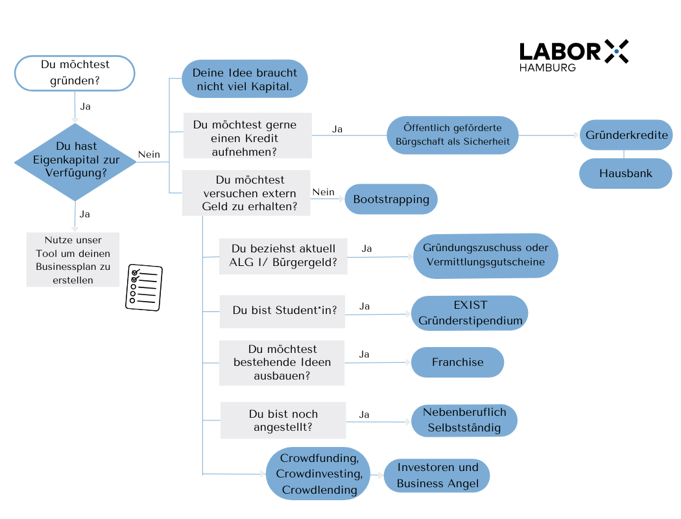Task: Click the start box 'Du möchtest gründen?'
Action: point(75,73)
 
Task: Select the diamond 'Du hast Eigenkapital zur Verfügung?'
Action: point(75,160)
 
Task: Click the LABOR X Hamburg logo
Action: point(573,54)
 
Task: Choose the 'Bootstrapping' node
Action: point(391,199)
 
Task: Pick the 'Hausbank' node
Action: point(625,173)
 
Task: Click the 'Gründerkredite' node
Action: point(625,136)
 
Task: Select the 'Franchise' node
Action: point(457,362)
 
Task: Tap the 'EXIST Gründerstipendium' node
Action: point(470,312)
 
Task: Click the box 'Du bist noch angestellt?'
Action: point(283,420)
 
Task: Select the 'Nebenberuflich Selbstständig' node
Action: point(464,420)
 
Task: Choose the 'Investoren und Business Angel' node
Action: point(437,476)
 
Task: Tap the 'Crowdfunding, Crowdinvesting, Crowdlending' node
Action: point(318,474)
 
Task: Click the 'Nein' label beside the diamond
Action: point(149,154)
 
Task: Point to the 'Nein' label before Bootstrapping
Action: point(323,192)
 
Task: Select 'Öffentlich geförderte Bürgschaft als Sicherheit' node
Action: point(453,135)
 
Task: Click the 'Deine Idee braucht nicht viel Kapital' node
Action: point(244,80)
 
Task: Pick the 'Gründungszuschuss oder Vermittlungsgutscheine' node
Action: point(485,256)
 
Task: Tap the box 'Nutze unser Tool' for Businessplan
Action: point(73,259)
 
